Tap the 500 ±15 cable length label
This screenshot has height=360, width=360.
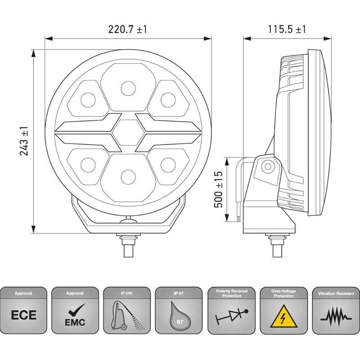(219, 189)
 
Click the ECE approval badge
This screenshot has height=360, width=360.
(23, 314)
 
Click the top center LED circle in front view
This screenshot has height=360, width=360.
(128, 87)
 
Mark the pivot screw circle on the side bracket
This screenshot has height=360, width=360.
(267, 167)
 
